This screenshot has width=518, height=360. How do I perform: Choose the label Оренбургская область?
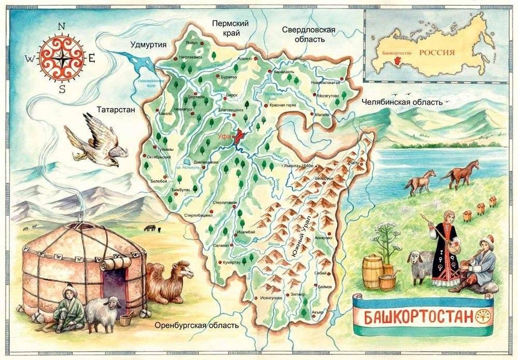197,325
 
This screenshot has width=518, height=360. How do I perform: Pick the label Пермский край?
231,28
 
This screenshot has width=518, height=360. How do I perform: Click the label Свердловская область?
309,34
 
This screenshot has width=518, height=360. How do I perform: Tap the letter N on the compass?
62,26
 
